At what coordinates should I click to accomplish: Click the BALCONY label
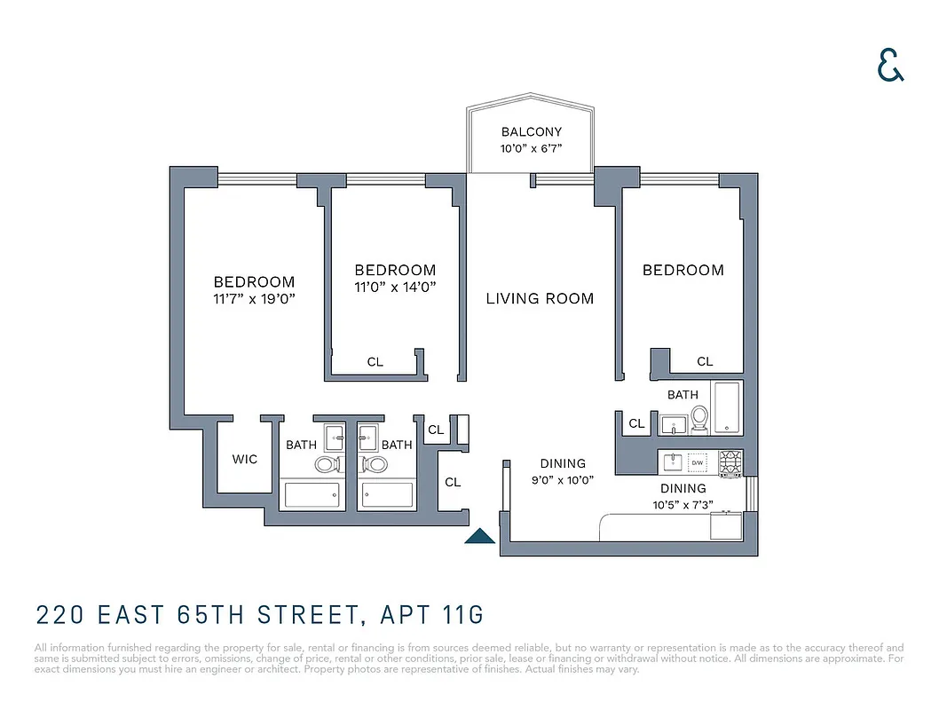point(531,132)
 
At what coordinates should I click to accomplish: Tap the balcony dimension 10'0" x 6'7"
point(531,149)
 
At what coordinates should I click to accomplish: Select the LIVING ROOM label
point(540,298)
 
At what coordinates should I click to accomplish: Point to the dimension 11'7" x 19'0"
point(254,299)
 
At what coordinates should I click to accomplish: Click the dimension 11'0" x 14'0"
point(395,287)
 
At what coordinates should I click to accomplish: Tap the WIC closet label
point(245,459)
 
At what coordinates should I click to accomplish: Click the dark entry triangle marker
point(480,535)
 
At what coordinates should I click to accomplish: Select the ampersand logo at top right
point(890,65)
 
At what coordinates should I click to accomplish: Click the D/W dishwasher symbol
point(698,462)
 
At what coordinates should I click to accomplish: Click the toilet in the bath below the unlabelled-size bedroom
point(698,417)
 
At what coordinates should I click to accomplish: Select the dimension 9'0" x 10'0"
point(563,479)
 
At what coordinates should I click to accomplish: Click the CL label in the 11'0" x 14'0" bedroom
point(375,362)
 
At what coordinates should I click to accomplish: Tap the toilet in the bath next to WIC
point(327,464)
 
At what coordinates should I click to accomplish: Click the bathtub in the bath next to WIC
point(312,494)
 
